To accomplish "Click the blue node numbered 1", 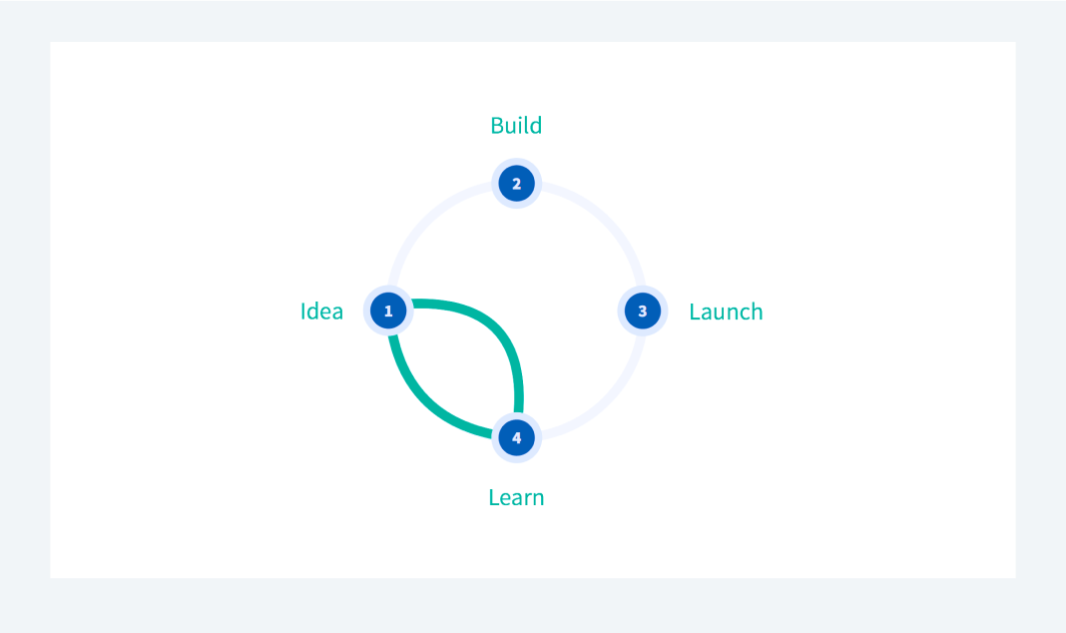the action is (388, 311).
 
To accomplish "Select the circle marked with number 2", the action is (516, 184).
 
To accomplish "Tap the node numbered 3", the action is (643, 311).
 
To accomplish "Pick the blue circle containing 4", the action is (516, 438).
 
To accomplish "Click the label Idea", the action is (321, 311).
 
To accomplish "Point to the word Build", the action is (516, 125).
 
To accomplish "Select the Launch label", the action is (726, 312).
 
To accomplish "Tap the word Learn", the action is (516, 497).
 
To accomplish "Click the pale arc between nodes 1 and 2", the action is (427, 222).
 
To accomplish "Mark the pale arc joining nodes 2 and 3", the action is (606, 222).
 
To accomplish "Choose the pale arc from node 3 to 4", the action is (606, 400).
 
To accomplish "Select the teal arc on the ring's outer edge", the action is (427, 400).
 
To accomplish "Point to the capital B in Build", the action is (497, 126).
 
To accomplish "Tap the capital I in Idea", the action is (302, 312).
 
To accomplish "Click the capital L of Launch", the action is (695, 313).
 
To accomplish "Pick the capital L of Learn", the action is (494, 497).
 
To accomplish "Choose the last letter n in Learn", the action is (538, 500).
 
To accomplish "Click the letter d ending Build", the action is (535, 125).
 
